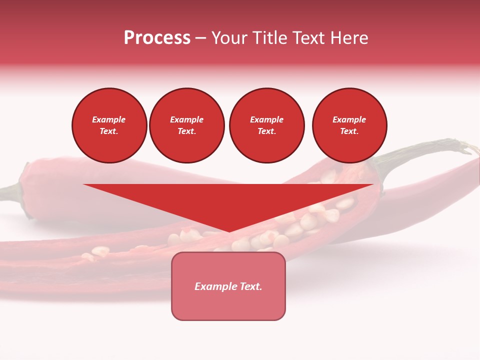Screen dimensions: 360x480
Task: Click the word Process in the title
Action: (157, 38)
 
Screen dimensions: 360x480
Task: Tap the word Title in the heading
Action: (270, 38)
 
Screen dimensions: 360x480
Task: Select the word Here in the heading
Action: (348, 38)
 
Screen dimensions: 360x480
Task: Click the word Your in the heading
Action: (230, 38)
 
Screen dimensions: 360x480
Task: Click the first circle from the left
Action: (109, 125)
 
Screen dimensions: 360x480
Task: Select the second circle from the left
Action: (186, 125)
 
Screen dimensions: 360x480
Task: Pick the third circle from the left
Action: (266, 125)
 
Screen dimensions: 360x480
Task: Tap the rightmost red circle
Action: (349, 125)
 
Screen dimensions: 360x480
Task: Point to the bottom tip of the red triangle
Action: (229, 231)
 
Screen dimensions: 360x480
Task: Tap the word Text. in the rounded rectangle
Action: (251, 286)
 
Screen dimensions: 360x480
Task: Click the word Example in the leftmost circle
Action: (109, 119)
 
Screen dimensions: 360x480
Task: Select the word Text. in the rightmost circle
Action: (349, 131)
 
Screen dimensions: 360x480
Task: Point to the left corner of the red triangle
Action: (84, 185)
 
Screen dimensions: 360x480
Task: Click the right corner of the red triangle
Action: (372, 185)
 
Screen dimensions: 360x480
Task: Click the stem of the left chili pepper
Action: (10, 193)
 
